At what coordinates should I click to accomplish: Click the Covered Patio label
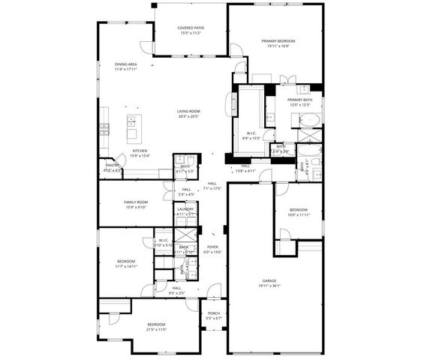[x=191, y=28]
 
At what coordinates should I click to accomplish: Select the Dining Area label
[x=125, y=64]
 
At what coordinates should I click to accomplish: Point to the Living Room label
[x=188, y=112]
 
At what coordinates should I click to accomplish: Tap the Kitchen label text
[x=140, y=151]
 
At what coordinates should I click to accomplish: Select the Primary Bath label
[x=299, y=100]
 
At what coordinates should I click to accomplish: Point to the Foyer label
[x=213, y=247]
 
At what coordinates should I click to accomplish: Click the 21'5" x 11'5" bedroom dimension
[x=156, y=329]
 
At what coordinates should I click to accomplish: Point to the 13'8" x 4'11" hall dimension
[x=245, y=171]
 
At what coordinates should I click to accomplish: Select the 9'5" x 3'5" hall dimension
[x=176, y=292]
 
